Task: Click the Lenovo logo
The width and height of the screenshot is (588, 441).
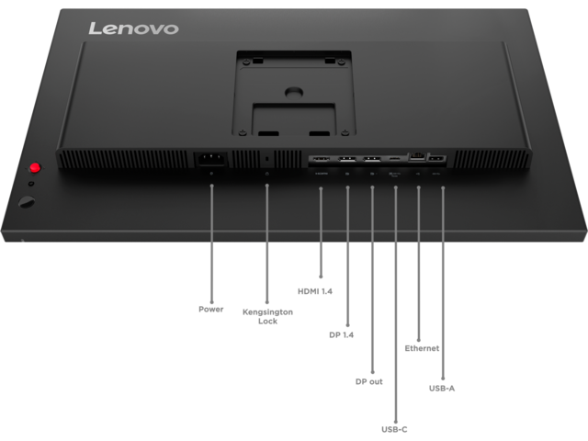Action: click(132, 28)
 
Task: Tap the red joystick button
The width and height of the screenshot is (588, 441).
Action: click(36, 168)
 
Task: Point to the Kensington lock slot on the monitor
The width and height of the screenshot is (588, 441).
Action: click(266, 158)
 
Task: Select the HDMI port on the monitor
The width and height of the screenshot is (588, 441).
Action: click(321, 158)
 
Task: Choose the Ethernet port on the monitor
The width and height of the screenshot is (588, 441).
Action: click(418, 156)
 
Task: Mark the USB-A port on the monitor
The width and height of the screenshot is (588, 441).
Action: click(438, 157)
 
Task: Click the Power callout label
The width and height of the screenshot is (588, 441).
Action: click(211, 309)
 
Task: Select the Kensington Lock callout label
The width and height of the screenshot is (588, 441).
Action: click(267, 316)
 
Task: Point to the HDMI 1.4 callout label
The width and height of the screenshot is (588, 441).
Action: click(315, 291)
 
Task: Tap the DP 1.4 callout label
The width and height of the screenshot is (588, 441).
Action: click(342, 335)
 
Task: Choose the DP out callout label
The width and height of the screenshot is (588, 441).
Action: click(368, 380)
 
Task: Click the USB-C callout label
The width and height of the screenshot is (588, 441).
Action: click(392, 427)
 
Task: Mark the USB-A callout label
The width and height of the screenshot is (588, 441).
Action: click(442, 388)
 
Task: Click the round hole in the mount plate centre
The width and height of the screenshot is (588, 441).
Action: click(294, 92)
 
